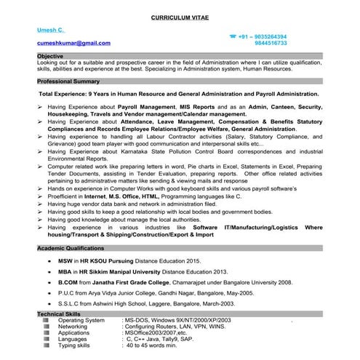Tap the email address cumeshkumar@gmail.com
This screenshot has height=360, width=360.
[x=73, y=43]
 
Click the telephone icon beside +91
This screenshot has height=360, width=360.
[x=233, y=36]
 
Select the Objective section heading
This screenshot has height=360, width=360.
[x=50, y=56]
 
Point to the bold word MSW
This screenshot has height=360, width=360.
[x=65, y=260]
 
